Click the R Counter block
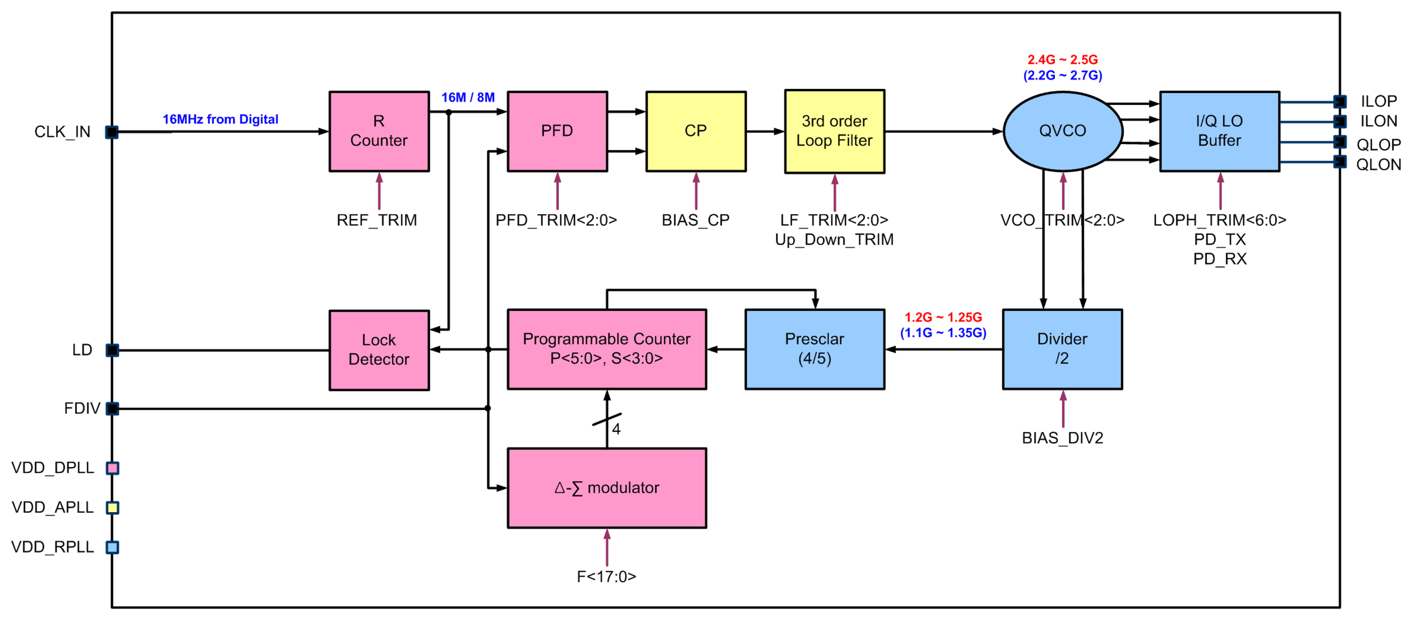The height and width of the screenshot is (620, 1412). click(x=379, y=132)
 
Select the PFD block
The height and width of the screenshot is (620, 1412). click(x=557, y=132)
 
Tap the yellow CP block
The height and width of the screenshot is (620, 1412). click(x=696, y=132)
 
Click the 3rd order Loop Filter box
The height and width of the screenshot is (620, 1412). click(x=834, y=132)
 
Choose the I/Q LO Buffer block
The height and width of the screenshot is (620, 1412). click(x=1220, y=132)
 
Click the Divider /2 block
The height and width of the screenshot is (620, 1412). click(x=1062, y=349)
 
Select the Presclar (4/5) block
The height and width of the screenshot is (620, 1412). click(x=815, y=349)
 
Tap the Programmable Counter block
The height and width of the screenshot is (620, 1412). click(x=606, y=349)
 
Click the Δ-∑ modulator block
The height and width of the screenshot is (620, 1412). click(x=606, y=488)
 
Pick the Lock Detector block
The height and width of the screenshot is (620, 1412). click(x=379, y=350)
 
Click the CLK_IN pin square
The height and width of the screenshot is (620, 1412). click(x=112, y=132)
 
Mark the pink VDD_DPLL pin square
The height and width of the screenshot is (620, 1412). click(x=112, y=468)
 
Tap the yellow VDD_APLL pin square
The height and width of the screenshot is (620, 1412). click(x=112, y=508)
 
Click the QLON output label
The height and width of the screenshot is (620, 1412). click(x=1378, y=165)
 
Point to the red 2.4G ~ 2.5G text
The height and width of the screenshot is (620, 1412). click(x=1062, y=60)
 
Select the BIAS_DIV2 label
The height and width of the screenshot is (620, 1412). click(x=1062, y=438)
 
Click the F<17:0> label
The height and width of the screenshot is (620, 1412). click(x=606, y=577)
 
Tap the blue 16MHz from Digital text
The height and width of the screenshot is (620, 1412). click(x=220, y=119)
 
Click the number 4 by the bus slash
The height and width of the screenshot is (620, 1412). click(x=616, y=429)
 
